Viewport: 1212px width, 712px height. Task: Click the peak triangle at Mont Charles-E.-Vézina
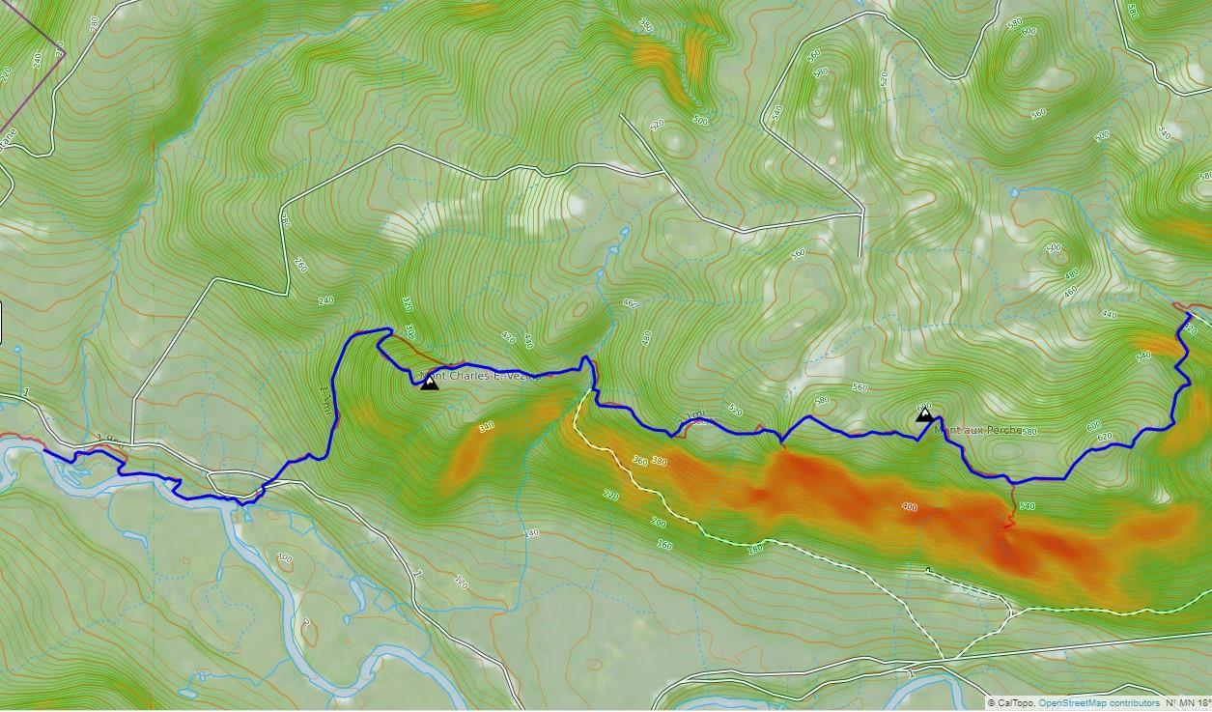tap(430, 384)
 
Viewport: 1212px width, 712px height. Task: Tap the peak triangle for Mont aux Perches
tap(924, 415)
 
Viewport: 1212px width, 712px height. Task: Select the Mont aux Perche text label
tap(977, 430)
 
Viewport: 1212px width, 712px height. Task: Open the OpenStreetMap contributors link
tap(1099, 703)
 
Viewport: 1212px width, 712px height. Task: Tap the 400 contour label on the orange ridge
tap(909, 506)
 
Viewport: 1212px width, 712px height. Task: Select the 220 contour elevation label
tap(608, 494)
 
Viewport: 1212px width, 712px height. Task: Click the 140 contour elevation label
tap(530, 533)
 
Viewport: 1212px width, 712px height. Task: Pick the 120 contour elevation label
tap(461, 582)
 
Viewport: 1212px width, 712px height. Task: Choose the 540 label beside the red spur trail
tap(1027, 506)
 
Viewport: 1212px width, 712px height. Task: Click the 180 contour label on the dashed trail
tap(753, 550)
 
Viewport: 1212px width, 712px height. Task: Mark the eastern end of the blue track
tap(1189, 314)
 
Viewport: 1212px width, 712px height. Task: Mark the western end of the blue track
tap(44, 450)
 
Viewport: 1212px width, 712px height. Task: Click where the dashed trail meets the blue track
tap(591, 390)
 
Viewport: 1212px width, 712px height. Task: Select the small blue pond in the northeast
tap(1013, 192)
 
